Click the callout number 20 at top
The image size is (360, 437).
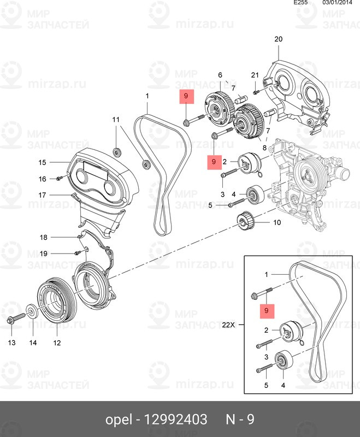click(279, 39)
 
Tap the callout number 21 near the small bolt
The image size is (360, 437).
click(255, 75)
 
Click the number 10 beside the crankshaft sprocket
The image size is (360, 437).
click(276, 222)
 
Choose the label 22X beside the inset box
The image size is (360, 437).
click(229, 324)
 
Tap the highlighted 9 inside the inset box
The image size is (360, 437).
click(267, 311)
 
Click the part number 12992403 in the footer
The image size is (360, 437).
click(175, 420)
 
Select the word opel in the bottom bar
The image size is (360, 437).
click(119, 420)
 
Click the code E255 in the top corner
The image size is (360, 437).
click(301, 3)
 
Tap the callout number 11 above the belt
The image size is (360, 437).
click(116, 119)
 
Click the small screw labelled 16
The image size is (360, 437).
click(60, 179)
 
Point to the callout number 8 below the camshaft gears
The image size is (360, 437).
click(265, 148)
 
